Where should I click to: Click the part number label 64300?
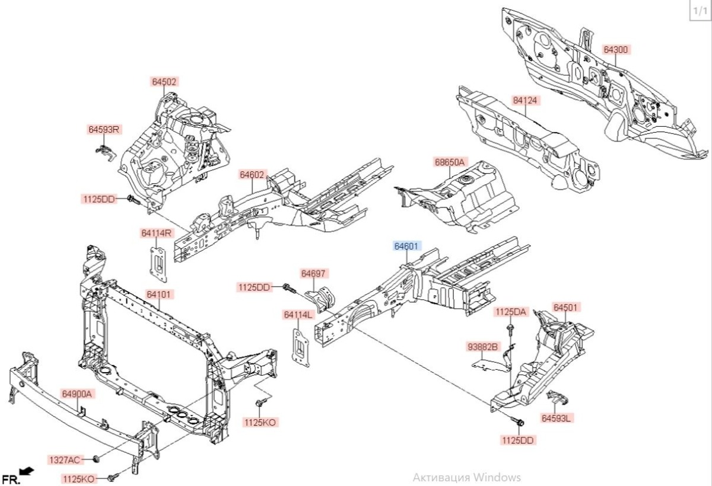pyautogui.click(x=616, y=50)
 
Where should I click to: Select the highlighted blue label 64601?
pyautogui.click(x=408, y=246)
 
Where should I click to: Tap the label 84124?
pyautogui.click(x=525, y=101)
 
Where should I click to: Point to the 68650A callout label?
pyautogui.click(x=450, y=162)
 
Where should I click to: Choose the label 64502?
pyautogui.click(x=164, y=82)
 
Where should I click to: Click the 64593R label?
pyautogui.click(x=104, y=129)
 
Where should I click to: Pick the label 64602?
pyautogui.click(x=252, y=175)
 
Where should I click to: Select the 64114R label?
pyautogui.click(x=156, y=234)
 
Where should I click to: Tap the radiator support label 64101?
pyautogui.click(x=160, y=295)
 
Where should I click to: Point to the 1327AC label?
pyautogui.click(x=64, y=460)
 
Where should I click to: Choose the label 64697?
pyautogui.click(x=314, y=274)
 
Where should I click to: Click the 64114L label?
pyautogui.click(x=298, y=315)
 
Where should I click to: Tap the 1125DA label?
pyautogui.click(x=511, y=312)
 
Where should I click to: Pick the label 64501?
pyautogui.click(x=567, y=308)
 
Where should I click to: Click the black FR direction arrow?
pyautogui.click(x=27, y=471)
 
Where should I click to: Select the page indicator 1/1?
pyautogui.click(x=700, y=11)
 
